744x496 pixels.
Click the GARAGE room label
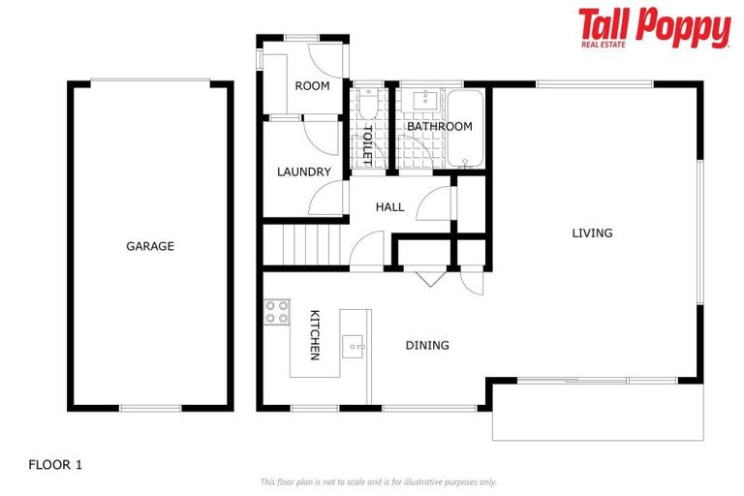[150, 246]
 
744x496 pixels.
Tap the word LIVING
[592, 232]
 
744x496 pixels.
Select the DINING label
[427, 345]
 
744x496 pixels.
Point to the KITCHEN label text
[314, 335]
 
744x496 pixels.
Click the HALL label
[390, 206]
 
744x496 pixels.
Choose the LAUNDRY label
[303, 171]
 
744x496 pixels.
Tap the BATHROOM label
[439, 127]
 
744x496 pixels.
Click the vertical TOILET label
[367, 144]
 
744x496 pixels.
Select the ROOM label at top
[312, 85]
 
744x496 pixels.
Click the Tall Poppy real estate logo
[654, 28]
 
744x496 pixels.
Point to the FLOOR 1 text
[55, 464]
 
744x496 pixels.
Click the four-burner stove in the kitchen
[277, 312]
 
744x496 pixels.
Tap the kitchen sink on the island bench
[353, 345]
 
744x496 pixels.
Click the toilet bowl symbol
[368, 105]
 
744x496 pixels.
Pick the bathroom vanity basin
[423, 100]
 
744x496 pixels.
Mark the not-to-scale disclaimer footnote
[378, 481]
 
